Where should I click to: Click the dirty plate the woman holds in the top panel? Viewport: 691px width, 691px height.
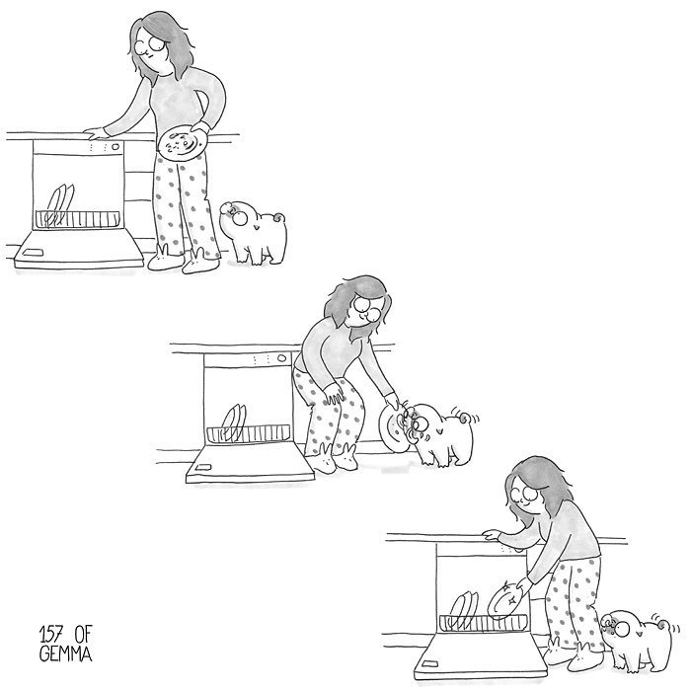pyautogui.click(x=183, y=142)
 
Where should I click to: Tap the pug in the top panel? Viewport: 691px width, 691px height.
pyautogui.click(x=255, y=232)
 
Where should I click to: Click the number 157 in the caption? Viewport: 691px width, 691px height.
pyautogui.click(x=51, y=635)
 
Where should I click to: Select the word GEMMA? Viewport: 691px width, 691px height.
pyautogui.click(x=66, y=653)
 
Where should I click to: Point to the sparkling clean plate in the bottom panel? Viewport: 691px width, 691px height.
pyautogui.click(x=504, y=600)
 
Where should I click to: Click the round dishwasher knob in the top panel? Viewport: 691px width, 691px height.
pyautogui.click(x=115, y=147)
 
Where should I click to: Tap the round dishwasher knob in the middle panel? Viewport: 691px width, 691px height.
pyautogui.click(x=281, y=357)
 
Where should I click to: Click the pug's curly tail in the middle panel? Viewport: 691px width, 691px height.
pyautogui.click(x=464, y=416)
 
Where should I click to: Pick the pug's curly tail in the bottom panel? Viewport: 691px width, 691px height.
pyautogui.click(x=662, y=626)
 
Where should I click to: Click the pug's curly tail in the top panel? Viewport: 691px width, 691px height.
pyautogui.click(x=279, y=218)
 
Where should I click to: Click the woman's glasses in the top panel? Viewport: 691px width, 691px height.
pyautogui.click(x=150, y=44)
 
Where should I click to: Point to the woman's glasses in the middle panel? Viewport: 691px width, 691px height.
pyautogui.click(x=367, y=308)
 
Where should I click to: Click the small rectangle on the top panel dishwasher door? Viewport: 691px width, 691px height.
pyautogui.click(x=33, y=253)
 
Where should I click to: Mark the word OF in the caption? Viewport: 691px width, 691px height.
pyautogui.click(x=82, y=635)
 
